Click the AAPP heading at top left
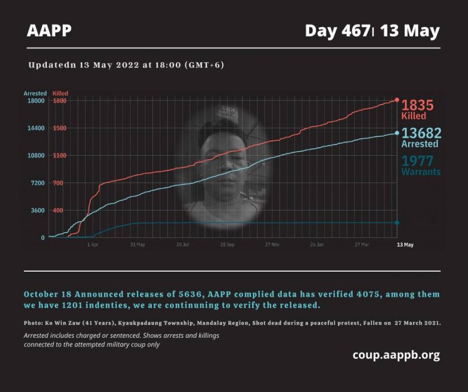pos(49,31)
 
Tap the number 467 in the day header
pos(354,31)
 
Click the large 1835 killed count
pos(418,106)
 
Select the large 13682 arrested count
pos(422,133)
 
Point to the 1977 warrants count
pos(418,161)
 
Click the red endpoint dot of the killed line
pos(397,100)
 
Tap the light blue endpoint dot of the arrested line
pos(397,133)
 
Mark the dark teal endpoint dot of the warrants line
pos(397,223)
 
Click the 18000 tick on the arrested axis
pos(35,101)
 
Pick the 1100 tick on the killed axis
pos(59,156)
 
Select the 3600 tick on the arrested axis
pos(37,211)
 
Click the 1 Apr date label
pos(93,244)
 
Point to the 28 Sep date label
pos(227,244)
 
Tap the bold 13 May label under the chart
pos(405,244)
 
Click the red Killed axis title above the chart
pos(60,92)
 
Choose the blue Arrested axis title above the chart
pos(35,92)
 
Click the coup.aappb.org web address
pos(396,355)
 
